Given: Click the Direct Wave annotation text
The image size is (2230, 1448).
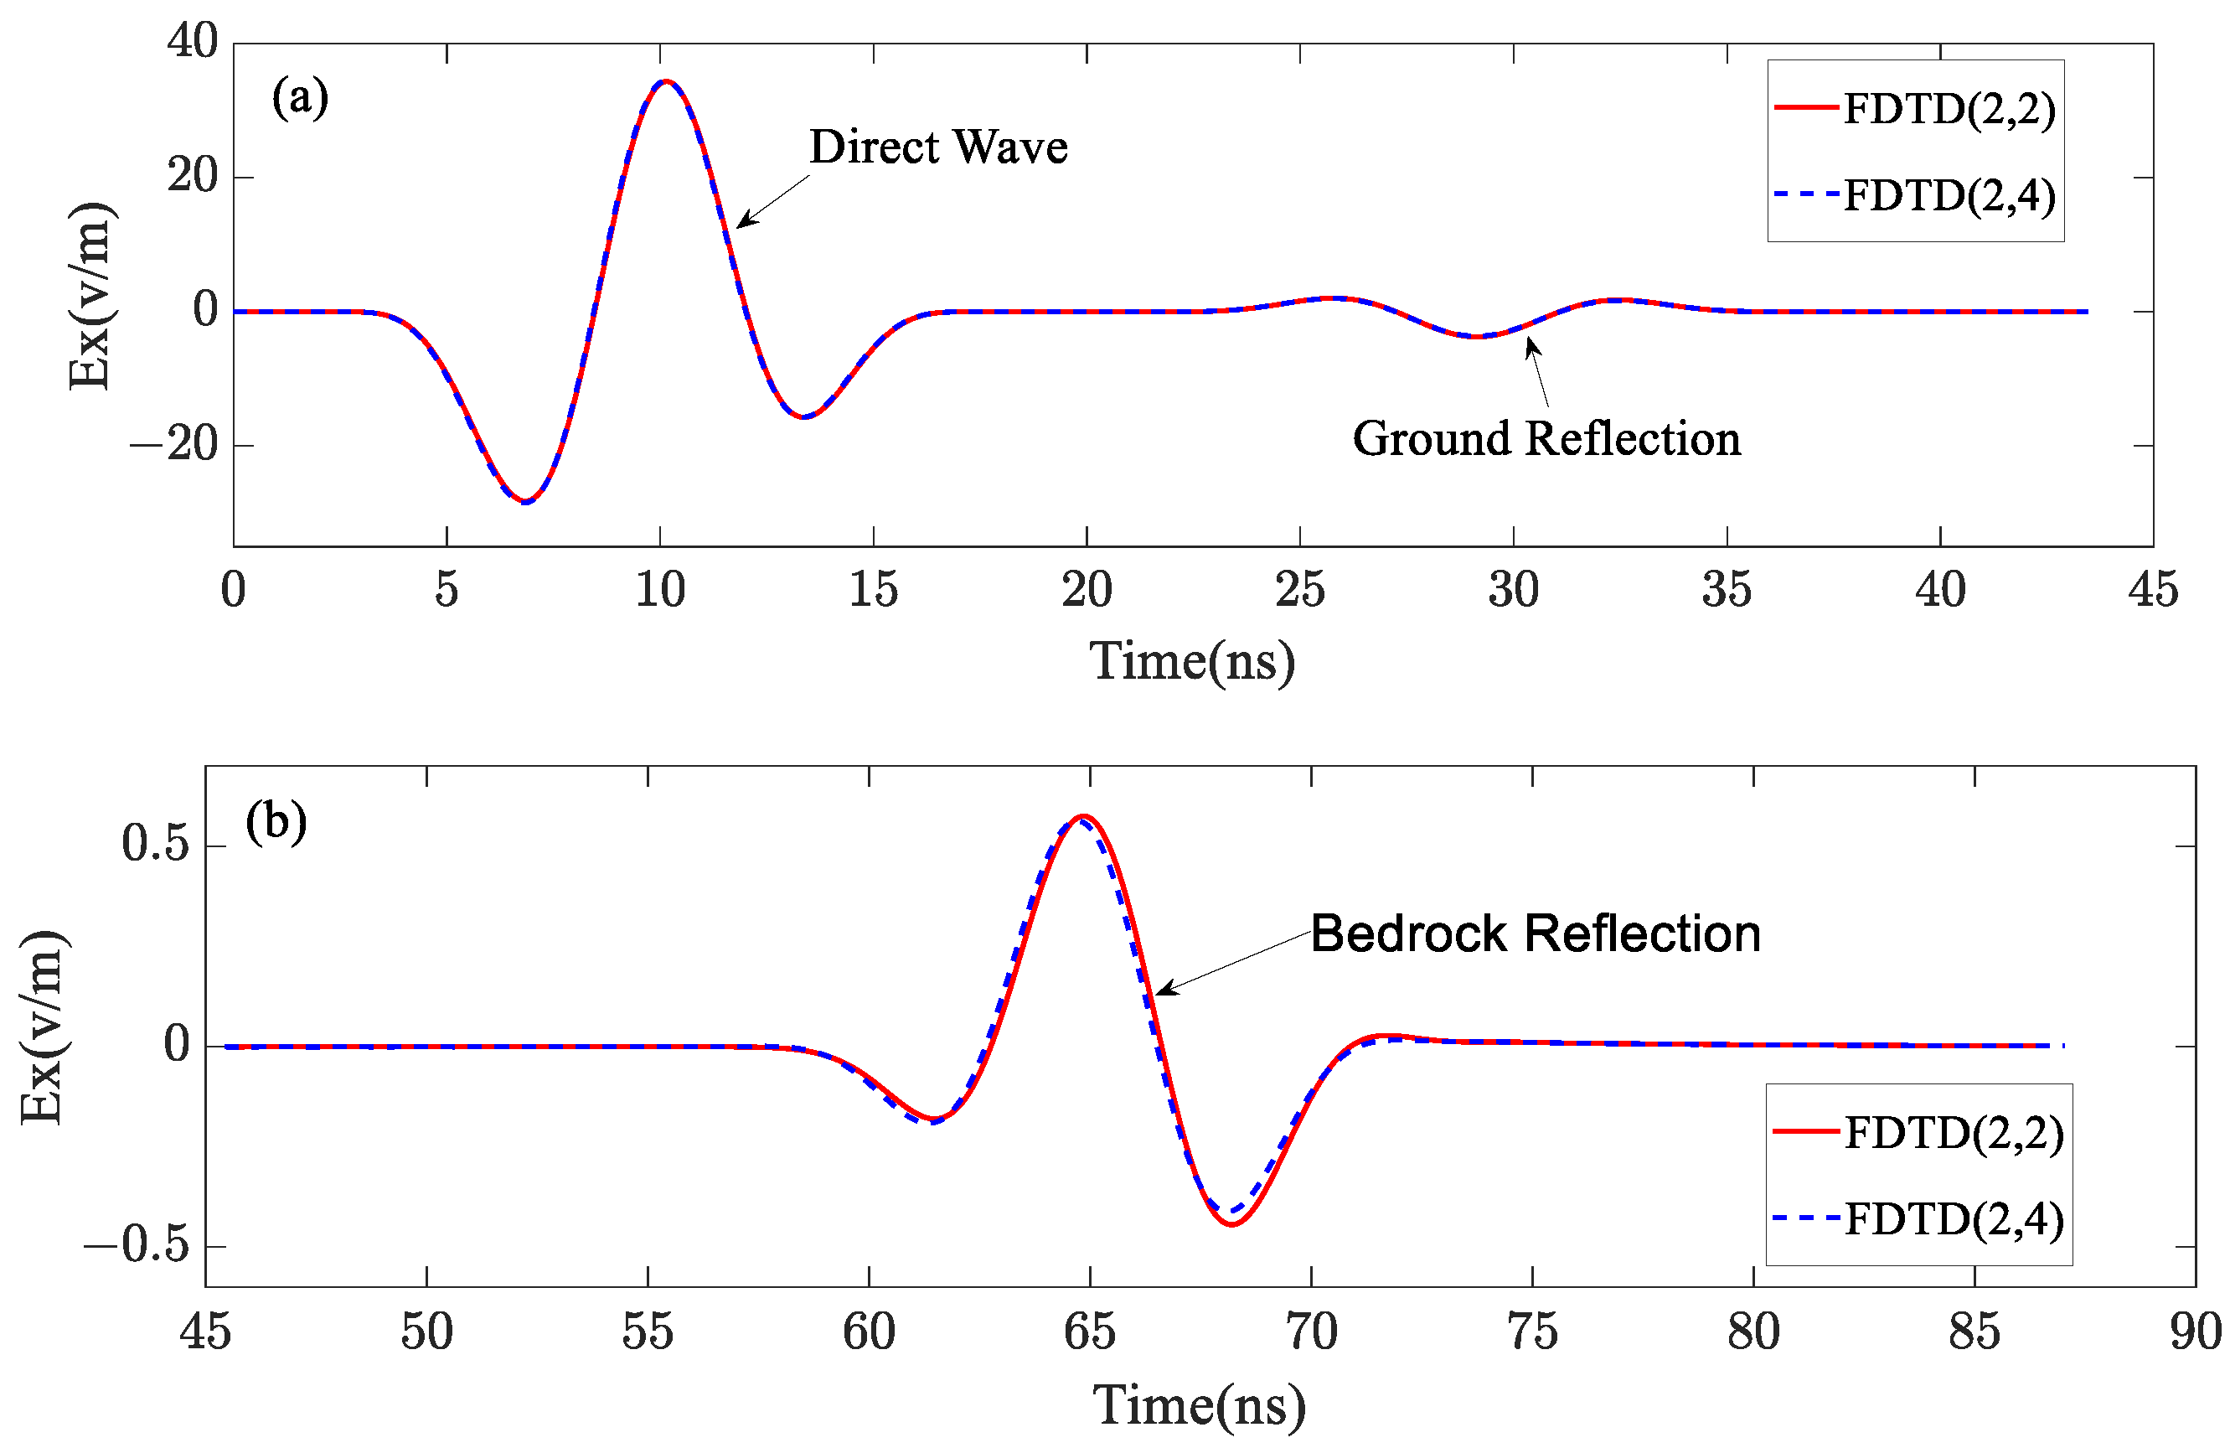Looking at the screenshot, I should [x=938, y=147].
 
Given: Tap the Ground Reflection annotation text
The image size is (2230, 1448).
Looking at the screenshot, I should [x=1546, y=438].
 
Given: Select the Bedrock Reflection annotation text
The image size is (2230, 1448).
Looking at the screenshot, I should [x=1535, y=933].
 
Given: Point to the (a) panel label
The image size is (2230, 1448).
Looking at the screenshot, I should [x=300, y=97].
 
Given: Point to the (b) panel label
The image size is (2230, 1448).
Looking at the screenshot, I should [x=276, y=822].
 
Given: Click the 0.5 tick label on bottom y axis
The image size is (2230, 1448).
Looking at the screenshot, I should [x=156, y=844].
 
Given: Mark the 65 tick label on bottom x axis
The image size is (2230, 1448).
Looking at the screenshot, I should [x=1089, y=1332].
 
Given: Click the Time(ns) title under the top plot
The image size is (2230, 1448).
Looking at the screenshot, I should [x=1192, y=662].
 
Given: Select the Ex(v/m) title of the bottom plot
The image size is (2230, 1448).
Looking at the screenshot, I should [x=42, y=1027].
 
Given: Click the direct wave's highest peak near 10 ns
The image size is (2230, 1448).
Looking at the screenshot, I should [x=664, y=81].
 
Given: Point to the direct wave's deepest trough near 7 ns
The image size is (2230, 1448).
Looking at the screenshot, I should [x=527, y=501].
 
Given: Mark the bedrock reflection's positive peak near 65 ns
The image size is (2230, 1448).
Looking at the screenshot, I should [x=1084, y=816].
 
